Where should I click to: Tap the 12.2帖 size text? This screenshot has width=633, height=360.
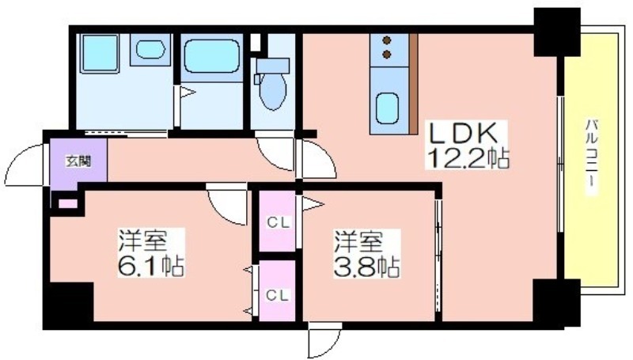pyautogui.click(x=466, y=158)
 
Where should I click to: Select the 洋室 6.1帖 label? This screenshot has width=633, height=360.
pyautogui.click(x=151, y=252)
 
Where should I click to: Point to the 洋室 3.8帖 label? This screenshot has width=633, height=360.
pyautogui.click(x=366, y=253)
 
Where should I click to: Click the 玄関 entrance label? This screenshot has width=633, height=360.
pyautogui.click(x=78, y=161)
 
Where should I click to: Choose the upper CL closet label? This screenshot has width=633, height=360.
pyautogui.click(x=278, y=223)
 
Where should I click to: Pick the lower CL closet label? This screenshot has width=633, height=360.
pyautogui.click(x=278, y=295)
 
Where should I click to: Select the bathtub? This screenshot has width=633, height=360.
pyautogui.click(x=211, y=56)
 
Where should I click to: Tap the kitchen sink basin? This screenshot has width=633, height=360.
pyautogui.click(x=387, y=108)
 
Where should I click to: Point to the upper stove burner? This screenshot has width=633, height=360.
pyautogui.click(x=387, y=40)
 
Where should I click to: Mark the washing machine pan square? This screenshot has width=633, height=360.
pyautogui.click(x=100, y=54)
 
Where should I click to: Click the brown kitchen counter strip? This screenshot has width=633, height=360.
pyautogui.click(x=413, y=84)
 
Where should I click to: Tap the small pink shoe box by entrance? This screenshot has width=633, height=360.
pyautogui.click(x=67, y=203)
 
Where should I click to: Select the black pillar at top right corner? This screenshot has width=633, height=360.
pyautogui.click(x=557, y=32)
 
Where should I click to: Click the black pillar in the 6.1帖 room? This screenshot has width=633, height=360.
pyautogui.click(x=69, y=302)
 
